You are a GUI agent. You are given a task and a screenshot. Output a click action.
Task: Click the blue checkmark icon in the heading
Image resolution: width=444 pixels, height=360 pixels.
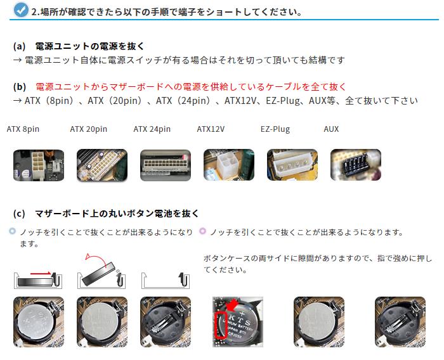tap(21, 10)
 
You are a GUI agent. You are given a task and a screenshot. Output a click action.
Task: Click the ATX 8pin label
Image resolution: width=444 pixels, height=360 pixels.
tap(23, 129)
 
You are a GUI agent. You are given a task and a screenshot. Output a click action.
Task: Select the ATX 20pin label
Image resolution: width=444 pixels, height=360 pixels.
tap(89, 129)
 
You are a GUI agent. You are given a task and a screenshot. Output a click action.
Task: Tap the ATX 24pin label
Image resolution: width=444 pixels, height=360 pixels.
tap(152, 129)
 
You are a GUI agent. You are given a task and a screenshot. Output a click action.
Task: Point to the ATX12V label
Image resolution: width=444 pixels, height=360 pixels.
tap(211, 129)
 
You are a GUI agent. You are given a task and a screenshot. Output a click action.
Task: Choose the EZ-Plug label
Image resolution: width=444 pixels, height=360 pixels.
tap(275, 129)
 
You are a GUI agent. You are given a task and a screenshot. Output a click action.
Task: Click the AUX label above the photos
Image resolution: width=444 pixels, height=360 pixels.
tap(331, 129)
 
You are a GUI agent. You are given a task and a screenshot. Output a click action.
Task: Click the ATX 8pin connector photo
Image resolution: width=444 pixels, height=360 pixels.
tap(39, 165)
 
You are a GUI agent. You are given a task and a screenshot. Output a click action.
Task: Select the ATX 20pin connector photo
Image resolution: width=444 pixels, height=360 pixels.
tap(102, 165)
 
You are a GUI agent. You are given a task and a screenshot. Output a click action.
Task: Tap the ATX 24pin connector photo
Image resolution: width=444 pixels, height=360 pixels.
tap(166, 165)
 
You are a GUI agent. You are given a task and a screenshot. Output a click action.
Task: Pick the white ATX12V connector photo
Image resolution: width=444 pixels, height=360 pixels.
tap(229, 165)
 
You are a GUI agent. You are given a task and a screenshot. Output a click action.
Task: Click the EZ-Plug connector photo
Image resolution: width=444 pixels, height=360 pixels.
tap(292, 165)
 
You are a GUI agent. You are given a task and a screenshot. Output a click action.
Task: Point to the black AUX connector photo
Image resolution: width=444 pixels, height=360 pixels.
tap(356, 165)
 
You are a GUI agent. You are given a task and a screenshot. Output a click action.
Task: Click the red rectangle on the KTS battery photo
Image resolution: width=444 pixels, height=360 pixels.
tap(221, 325)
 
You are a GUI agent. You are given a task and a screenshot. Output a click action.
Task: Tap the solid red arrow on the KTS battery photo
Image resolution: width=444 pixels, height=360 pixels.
tap(232, 305)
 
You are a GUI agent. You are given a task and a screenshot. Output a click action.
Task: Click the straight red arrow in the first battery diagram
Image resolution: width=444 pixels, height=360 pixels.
tap(41, 273)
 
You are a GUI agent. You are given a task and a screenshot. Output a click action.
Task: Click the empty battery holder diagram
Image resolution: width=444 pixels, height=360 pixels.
tap(166, 281)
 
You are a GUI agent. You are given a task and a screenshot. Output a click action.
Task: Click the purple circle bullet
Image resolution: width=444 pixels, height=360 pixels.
tap(202, 231)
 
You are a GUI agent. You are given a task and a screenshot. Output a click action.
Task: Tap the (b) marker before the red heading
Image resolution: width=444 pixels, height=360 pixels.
tap(20, 87)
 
